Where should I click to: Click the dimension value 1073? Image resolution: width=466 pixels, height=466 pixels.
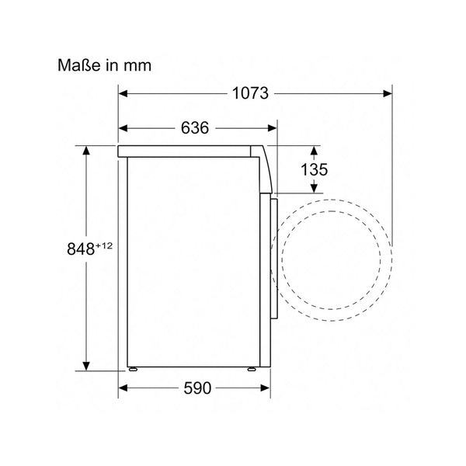[x=250, y=93]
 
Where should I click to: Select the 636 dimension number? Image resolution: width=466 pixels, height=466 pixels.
[x=195, y=128]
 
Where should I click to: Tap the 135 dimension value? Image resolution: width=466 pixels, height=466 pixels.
[x=314, y=169]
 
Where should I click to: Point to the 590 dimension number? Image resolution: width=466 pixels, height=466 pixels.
[x=197, y=388]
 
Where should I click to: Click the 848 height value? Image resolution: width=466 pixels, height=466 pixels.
[x=81, y=249]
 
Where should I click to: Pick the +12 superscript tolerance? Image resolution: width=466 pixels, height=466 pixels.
[x=104, y=246]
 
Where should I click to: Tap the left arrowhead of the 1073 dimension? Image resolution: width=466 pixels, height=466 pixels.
[x=123, y=94]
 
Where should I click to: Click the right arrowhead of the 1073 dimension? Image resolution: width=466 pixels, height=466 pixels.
[x=388, y=94]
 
